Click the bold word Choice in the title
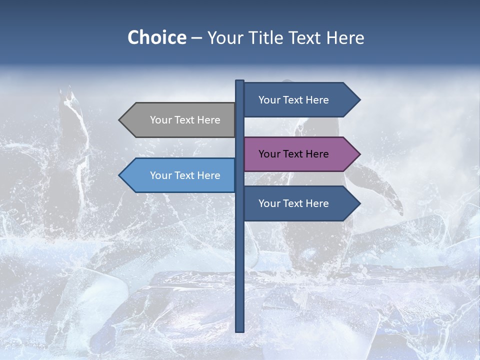156,37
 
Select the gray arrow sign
180,120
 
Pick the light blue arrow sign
180,175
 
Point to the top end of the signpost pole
239,81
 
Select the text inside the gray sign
185,120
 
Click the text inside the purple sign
293,154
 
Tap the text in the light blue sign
185,175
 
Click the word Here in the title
345,37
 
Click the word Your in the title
224,37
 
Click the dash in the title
196,38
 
